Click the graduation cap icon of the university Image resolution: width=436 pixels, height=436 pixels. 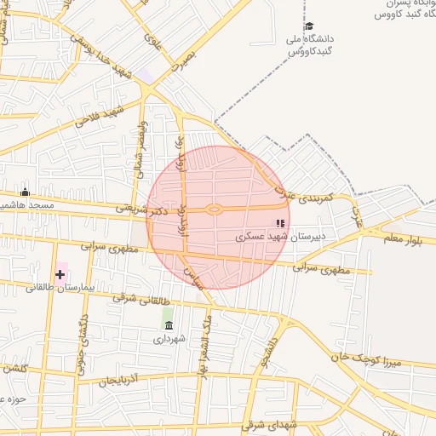[308, 26]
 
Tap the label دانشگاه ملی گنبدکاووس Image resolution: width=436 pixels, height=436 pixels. [310, 45]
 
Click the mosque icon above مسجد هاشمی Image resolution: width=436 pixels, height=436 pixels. [26, 192]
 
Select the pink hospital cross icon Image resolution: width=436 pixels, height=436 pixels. [60, 274]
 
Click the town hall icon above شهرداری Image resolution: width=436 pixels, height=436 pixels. [169, 325]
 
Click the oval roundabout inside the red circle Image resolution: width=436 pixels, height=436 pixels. [215, 209]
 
